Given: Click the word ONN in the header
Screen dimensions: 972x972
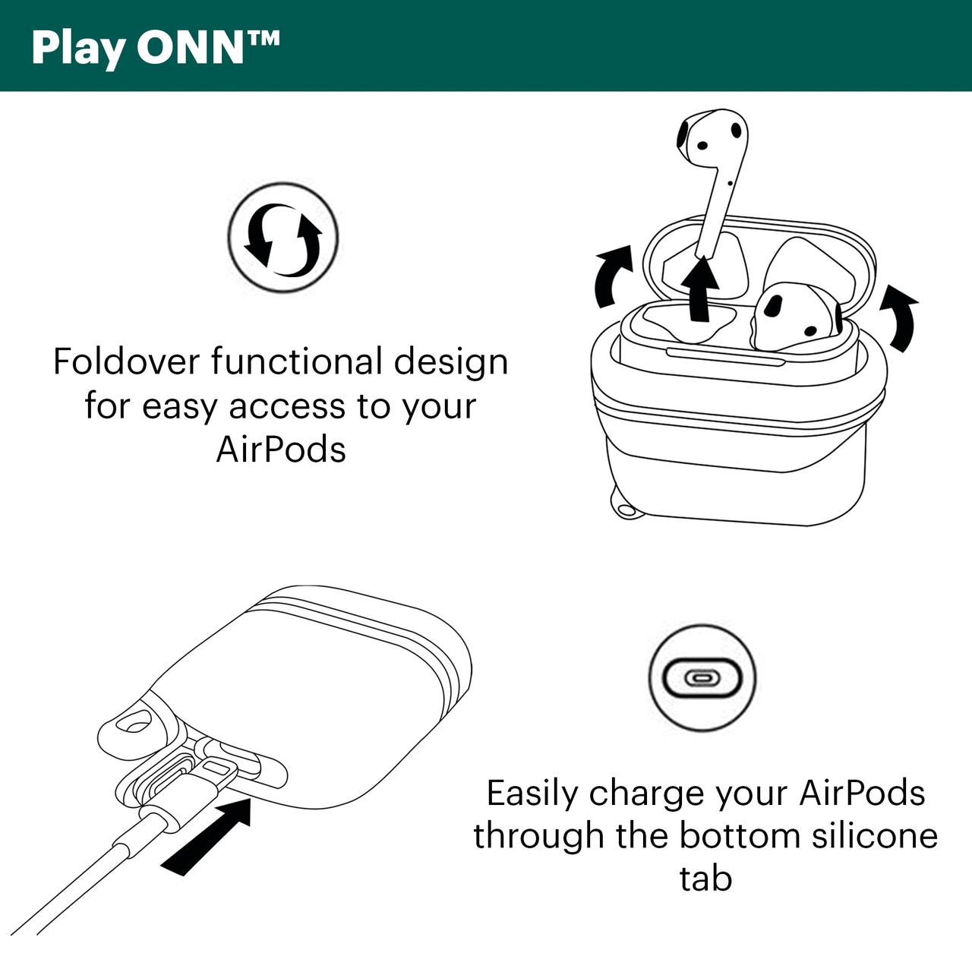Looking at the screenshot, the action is point(191,47).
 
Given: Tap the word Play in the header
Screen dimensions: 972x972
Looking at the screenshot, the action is point(79,49).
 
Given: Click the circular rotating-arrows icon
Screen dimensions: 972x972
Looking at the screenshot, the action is point(282,237).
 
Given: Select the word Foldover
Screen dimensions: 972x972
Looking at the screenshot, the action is point(127,361).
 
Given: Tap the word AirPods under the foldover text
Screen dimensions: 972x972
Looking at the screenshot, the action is point(281,449).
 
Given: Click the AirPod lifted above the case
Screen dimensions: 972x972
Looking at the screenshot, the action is point(713,181).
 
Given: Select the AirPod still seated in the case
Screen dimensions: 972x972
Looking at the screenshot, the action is point(795,316).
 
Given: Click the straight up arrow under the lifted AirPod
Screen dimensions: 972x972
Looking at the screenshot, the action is point(701,288).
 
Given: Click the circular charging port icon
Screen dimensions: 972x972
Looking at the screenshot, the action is point(702,677).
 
